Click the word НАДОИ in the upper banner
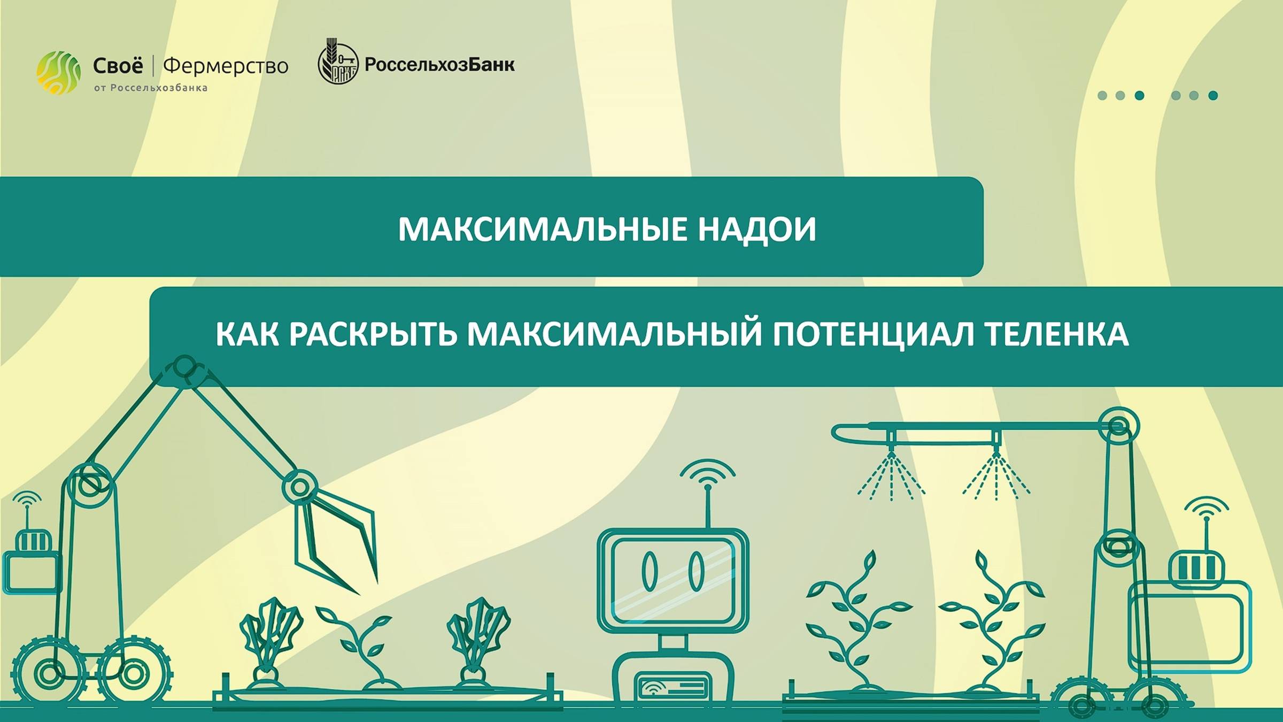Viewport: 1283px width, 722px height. pos(757,229)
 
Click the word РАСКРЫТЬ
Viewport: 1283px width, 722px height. pos(373,334)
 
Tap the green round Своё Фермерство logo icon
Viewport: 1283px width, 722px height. pos(58,73)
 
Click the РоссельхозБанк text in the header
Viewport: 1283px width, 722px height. pos(439,65)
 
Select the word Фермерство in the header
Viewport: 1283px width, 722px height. pos(226,66)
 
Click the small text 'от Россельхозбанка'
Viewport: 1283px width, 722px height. pos(151,88)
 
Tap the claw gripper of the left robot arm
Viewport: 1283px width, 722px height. pos(337,540)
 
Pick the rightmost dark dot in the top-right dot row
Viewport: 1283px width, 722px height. pos(1213,96)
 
